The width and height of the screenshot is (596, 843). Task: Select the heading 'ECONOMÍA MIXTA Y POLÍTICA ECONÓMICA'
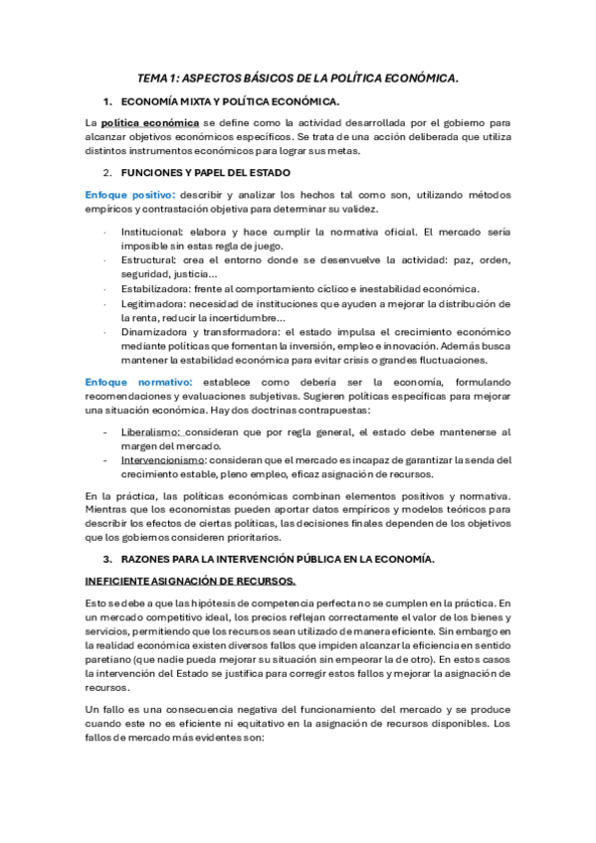(x=229, y=102)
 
